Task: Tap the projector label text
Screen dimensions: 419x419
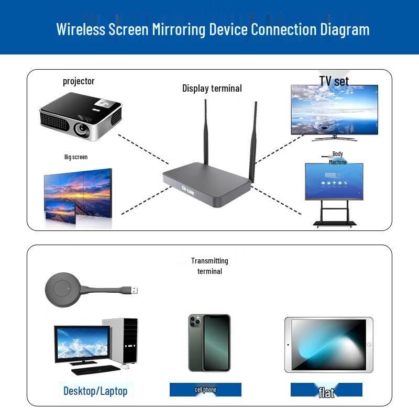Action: pos(79,81)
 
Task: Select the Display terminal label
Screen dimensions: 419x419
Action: pos(212,88)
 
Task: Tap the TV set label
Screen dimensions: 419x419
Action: pos(334,81)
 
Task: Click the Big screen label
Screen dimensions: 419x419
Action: pos(76,157)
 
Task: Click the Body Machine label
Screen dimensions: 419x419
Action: pos(338,158)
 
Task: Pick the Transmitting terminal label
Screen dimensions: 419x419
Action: pos(210,266)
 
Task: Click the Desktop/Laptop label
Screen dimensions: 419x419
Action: pos(95,391)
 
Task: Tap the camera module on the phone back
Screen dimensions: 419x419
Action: pos(195,321)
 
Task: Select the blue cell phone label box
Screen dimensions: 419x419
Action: pos(205,390)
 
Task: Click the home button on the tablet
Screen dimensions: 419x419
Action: pos(369,345)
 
